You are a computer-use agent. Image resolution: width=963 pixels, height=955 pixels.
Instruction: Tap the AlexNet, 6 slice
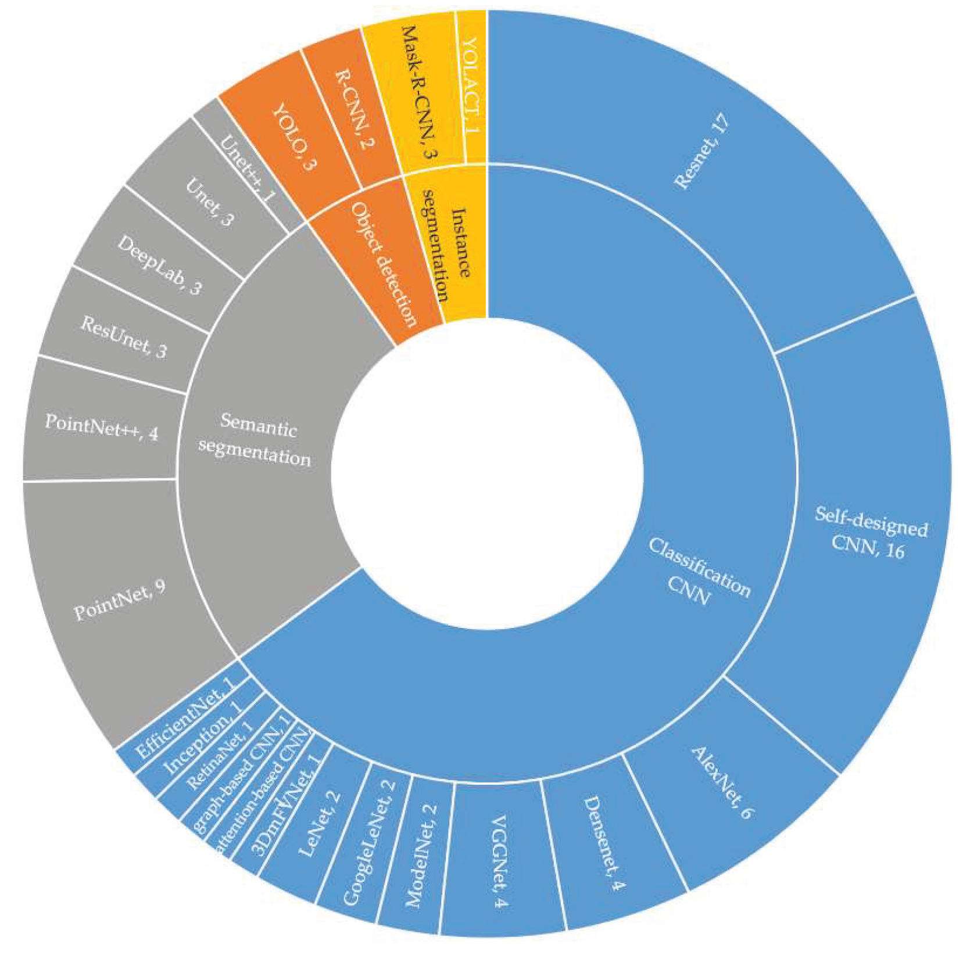[721, 781]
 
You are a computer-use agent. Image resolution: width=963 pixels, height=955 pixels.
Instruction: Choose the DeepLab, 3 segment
[159, 265]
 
